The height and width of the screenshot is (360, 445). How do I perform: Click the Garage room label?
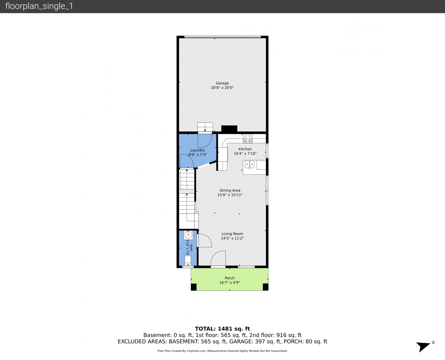click(222, 83)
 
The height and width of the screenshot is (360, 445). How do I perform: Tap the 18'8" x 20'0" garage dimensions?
click(222, 88)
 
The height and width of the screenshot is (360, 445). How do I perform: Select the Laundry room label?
click(197, 150)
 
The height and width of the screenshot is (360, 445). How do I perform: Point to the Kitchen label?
click(245, 149)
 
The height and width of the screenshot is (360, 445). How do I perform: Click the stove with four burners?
click(248, 139)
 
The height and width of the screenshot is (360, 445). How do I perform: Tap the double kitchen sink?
click(249, 164)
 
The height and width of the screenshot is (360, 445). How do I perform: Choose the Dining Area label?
click(230, 190)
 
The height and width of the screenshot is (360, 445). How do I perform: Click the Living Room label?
click(232, 234)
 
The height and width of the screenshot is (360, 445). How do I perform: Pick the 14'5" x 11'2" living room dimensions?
click(232, 238)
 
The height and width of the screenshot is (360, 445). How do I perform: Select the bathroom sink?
click(188, 235)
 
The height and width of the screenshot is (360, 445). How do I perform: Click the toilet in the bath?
click(188, 260)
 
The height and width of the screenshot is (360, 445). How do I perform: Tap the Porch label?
click(230, 278)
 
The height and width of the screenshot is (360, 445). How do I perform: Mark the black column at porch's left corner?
click(194, 287)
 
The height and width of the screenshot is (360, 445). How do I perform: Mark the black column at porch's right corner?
click(266, 287)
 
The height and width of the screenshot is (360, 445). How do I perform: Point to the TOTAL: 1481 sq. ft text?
click(222, 329)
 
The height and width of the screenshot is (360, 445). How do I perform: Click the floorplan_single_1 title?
click(39, 6)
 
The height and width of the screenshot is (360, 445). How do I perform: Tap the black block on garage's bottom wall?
click(229, 128)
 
